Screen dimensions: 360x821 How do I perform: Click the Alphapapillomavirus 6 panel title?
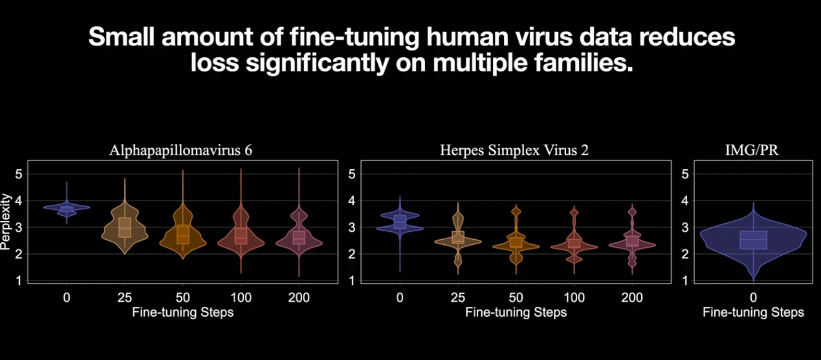click(180, 151)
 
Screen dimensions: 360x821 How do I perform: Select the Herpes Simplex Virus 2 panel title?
click(514, 151)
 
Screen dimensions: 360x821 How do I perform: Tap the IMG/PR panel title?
click(752, 151)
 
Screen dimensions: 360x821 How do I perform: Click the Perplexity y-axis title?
click(6, 221)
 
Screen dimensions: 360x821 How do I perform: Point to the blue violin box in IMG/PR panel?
click(753, 240)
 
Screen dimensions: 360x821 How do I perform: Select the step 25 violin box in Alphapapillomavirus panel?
click(125, 227)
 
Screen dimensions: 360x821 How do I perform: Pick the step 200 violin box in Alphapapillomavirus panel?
click(298, 237)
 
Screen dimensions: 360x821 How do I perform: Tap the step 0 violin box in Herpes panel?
click(400, 222)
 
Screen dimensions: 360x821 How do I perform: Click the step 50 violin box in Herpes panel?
click(516, 242)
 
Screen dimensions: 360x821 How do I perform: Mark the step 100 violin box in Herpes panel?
click(574, 243)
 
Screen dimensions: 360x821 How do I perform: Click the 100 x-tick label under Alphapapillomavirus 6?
click(241, 297)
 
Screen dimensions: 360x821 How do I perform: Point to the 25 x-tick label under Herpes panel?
click(457, 297)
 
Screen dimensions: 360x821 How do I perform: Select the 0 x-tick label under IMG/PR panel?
click(753, 297)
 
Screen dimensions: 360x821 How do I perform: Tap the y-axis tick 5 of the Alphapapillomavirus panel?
click(19, 174)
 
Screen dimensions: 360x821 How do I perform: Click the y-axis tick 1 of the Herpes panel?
click(352, 281)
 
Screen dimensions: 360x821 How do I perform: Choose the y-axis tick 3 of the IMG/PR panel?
click(685, 228)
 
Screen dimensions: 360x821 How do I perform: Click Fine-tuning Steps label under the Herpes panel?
click(516, 312)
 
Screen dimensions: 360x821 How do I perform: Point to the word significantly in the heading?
click(317, 63)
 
